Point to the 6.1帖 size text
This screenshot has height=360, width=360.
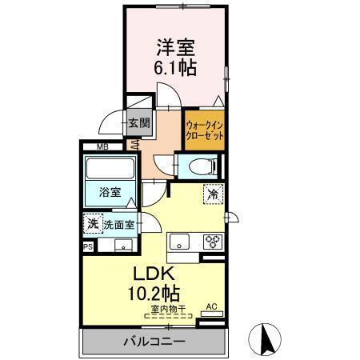coord(175,67)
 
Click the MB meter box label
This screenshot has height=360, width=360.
coord(103,147)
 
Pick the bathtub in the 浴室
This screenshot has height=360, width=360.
coord(110,170)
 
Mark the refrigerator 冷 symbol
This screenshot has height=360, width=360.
coord(213,194)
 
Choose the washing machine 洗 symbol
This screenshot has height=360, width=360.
coord(93,225)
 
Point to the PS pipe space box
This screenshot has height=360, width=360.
coord(87,247)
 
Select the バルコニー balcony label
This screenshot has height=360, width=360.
coord(154,342)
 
